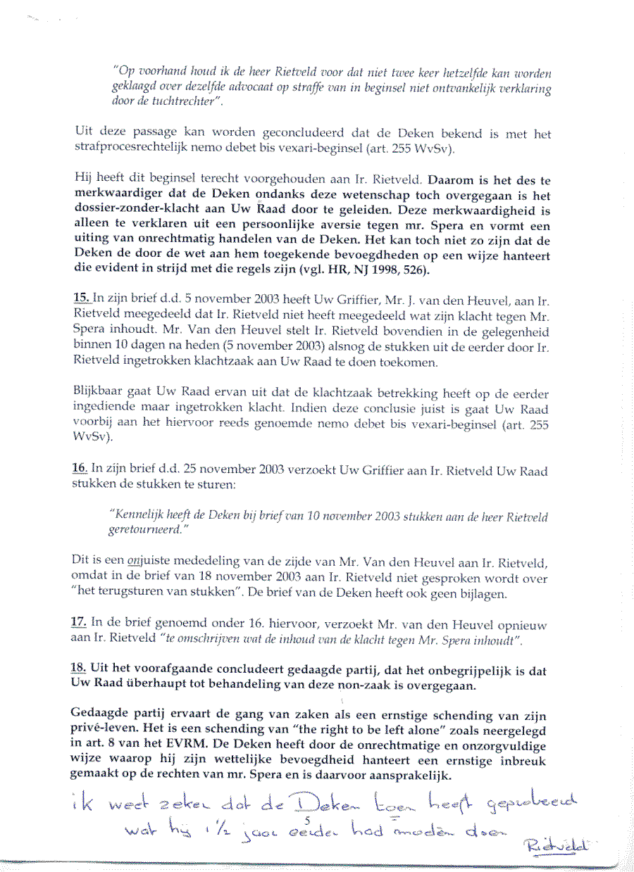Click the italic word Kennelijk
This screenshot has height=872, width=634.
click(x=139, y=517)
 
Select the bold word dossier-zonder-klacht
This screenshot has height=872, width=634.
click(x=132, y=210)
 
